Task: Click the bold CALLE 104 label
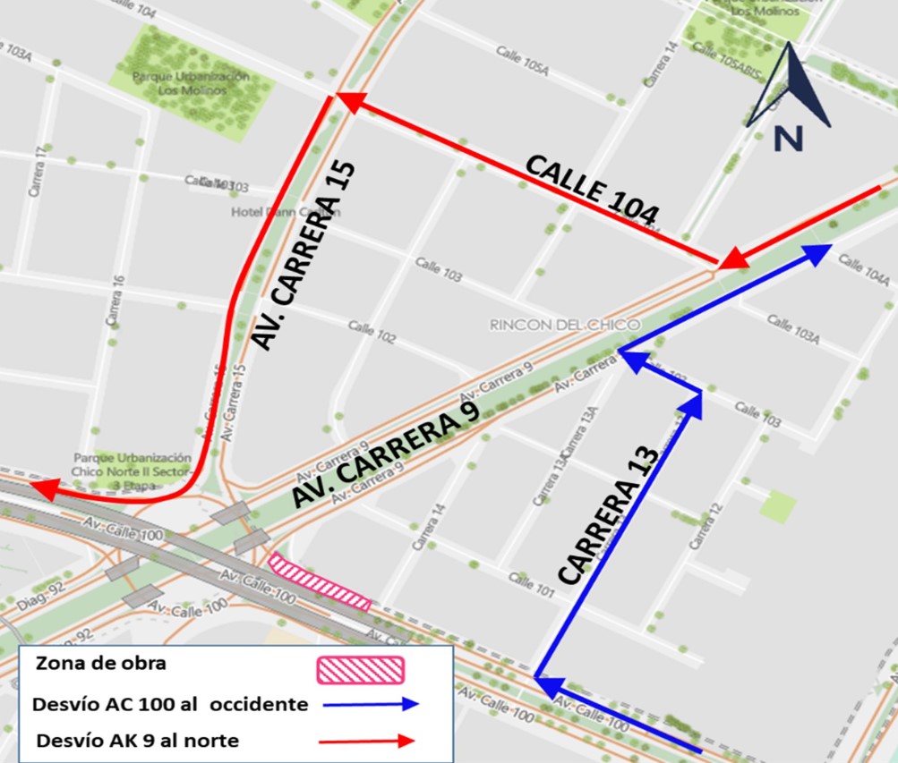pyautogui.click(x=592, y=189)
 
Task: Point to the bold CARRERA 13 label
pyautogui.click(x=610, y=516)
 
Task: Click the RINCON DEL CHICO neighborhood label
pyautogui.click(x=564, y=325)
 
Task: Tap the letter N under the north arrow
pyautogui.click(x=788, y=139)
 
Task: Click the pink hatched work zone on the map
pyautogui.click(x=320, y=581)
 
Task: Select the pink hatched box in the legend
pyautogui.click(x=361, y=669)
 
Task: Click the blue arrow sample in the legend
pyautogui.click(x=371, y=704)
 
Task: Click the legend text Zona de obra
pyautogui.click(x=101, y=665)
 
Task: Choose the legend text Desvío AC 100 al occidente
pyautogui.click(x=170, y=704)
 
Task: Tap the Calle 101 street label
pyautogui.click(x=532, y=585)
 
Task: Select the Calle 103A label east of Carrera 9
pyautogui.click(x=793, y=329)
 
